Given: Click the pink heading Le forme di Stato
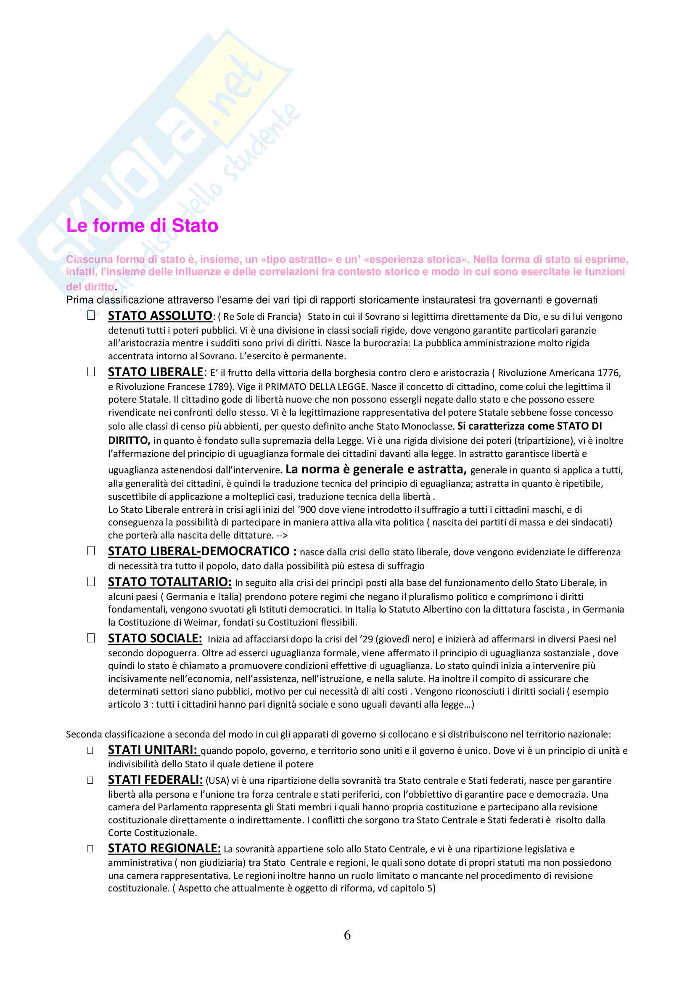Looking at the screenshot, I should tap(142, 226).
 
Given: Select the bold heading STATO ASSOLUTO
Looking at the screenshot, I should tap(160, 316).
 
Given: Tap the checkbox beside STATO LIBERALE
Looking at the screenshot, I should tap(91, 371).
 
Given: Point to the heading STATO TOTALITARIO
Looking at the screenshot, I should tap(169, 582).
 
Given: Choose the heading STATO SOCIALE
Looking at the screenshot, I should tap(155, 639).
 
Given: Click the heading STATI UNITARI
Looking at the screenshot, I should tap(153, 750).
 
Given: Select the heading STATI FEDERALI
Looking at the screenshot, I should tap(155, 780).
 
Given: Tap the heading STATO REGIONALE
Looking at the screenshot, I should tap(164, 849).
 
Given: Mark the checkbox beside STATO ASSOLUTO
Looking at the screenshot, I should tap(91, 316).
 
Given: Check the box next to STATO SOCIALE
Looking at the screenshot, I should tap(91, 638).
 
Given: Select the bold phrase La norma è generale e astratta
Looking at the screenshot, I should tap(375, 469).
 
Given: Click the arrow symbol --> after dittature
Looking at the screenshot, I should tap(282, 536).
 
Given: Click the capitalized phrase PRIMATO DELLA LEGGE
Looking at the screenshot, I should tap(316, 387).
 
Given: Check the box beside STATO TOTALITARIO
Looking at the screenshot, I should tap(91, 581).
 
